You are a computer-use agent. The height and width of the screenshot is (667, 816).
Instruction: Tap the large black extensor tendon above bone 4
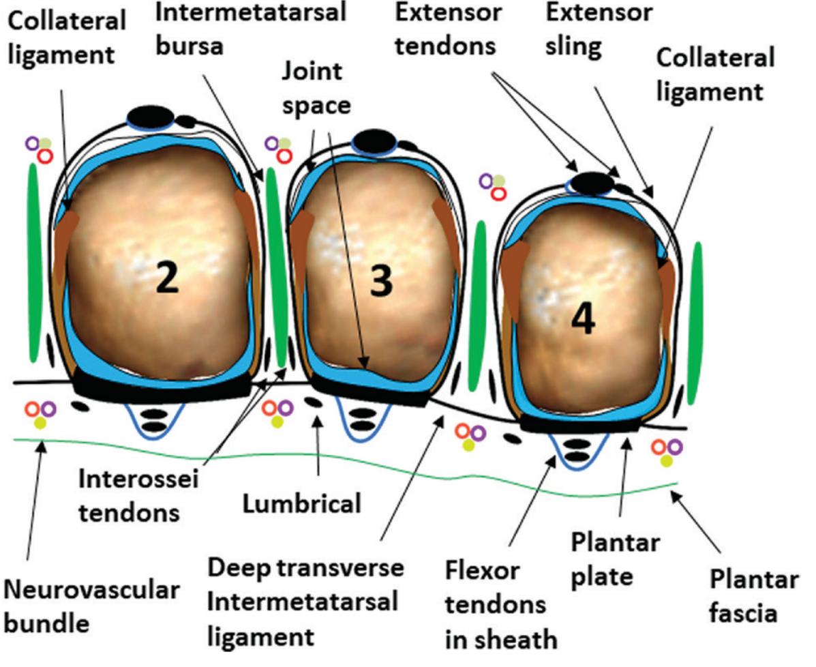[591, 182]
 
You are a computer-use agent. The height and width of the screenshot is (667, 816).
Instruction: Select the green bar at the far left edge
[33, 263]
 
